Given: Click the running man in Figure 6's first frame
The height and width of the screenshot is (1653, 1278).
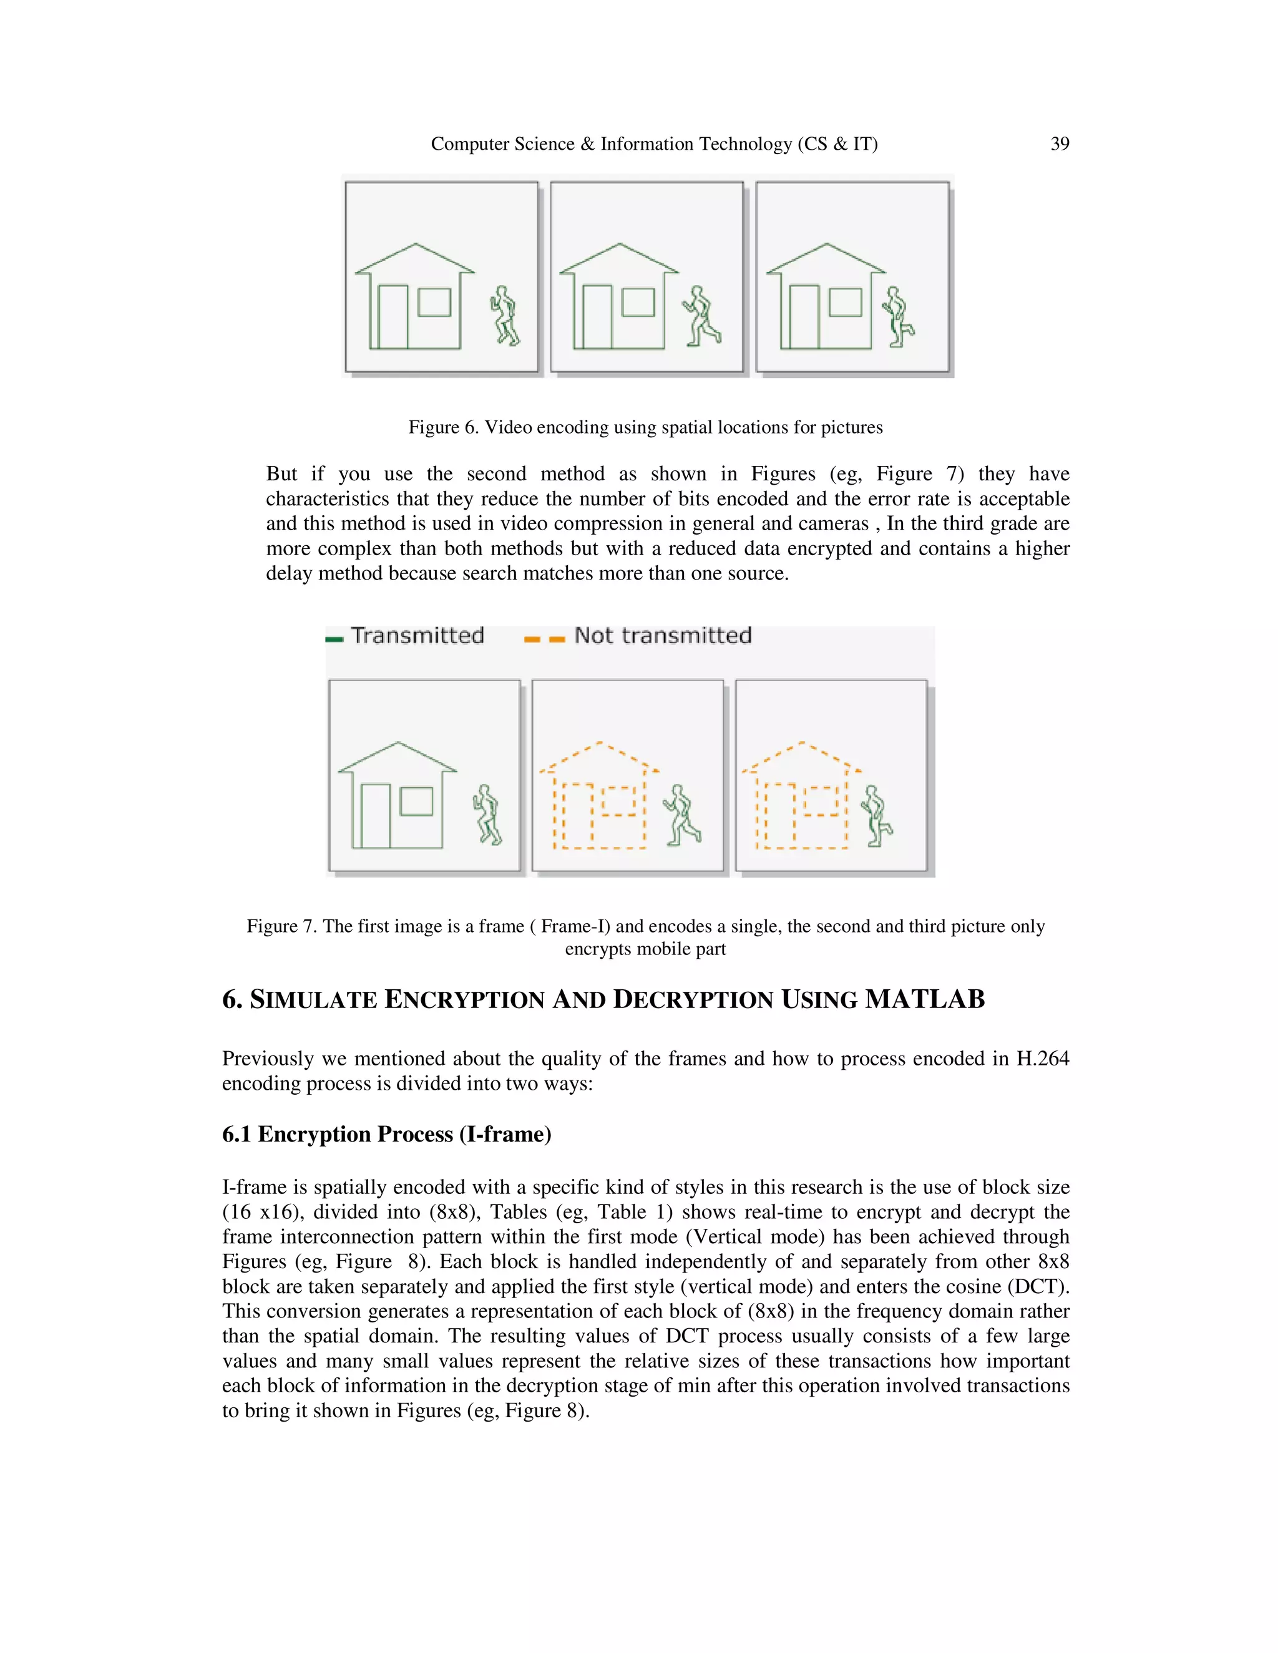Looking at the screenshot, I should point(504,316).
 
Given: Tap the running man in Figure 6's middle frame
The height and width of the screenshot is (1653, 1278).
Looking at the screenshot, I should point(703,316).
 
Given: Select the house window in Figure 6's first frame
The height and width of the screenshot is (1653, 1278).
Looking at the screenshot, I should point(434,302).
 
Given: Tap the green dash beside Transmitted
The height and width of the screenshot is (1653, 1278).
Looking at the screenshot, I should point(334,639).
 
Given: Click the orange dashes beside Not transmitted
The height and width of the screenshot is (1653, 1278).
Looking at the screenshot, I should point(544,639).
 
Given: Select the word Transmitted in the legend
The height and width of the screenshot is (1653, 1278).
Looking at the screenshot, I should point(417,635).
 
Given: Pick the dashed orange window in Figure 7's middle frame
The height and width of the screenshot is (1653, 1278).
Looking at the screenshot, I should point(618,801).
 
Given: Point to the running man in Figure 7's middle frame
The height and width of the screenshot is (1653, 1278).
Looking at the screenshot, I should point(682,815).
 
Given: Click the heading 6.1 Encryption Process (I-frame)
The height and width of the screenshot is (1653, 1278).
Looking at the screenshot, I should point(386,1134).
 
